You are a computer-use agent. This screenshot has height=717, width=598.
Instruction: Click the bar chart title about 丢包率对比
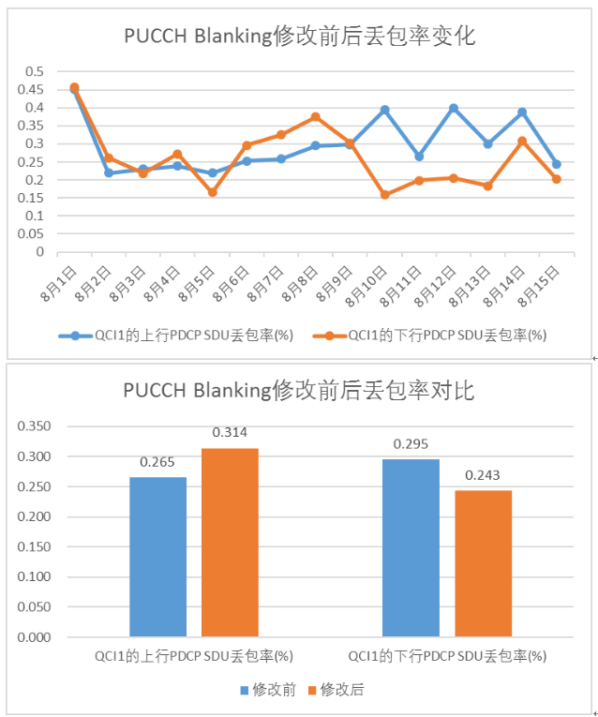tap(299, 390)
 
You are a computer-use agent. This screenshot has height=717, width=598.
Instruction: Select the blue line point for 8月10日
tap(384, 110)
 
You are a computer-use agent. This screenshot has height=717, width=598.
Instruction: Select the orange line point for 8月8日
tap(315, 117)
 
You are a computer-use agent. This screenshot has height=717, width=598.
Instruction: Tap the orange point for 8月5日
tap(212, 192)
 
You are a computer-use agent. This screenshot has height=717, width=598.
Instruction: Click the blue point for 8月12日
tap(454, 108)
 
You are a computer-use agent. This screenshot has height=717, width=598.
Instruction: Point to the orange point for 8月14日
tap(522, 141)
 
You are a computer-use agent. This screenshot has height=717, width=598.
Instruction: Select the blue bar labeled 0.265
tap(157, 557)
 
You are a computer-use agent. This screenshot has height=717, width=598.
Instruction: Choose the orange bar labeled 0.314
tap(230, 543)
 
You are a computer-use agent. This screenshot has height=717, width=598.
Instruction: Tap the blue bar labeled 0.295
tap(411, 548)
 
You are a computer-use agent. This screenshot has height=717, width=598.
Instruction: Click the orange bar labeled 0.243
tap(483, 563)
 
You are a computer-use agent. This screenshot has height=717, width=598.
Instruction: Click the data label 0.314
tap(230, 433)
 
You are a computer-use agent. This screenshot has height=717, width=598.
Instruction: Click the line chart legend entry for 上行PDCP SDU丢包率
tap(183, 335)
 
